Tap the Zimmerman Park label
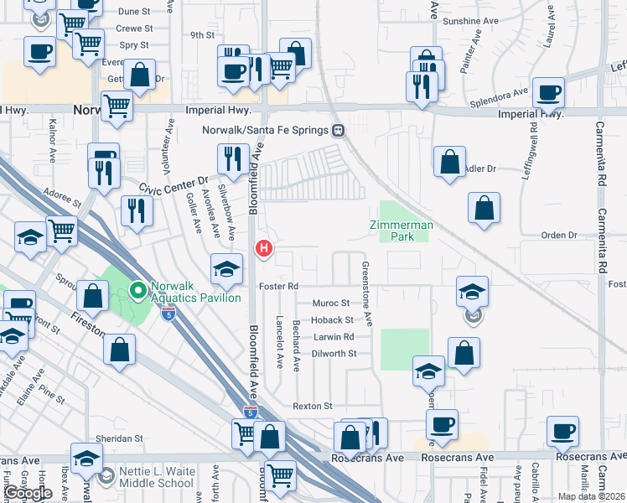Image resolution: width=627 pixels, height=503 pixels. pos(400,231)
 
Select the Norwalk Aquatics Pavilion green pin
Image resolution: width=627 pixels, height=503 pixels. pos(138,292)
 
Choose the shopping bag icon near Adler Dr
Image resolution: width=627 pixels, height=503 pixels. pos(450,161)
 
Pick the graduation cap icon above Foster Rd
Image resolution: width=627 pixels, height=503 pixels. pos(225,268)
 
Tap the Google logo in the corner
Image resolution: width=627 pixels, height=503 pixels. pos(28,493)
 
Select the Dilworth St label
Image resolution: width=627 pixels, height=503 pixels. pos(334,354)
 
